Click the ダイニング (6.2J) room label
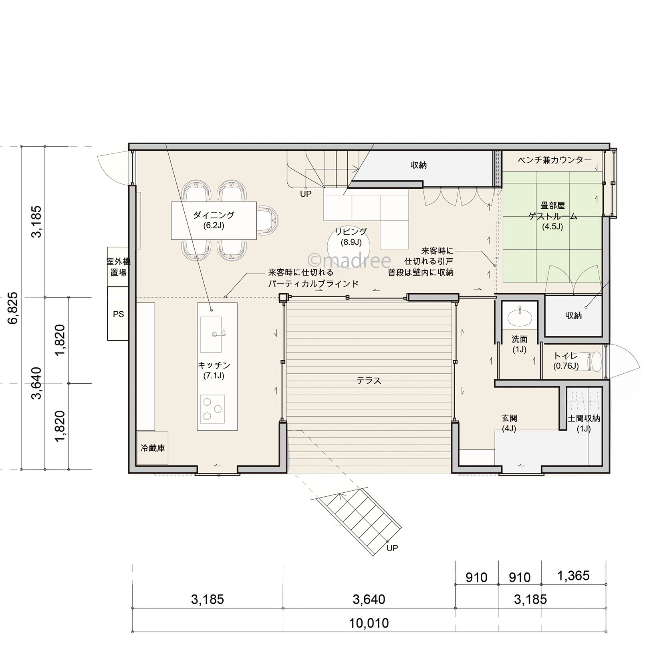tap(214, 220)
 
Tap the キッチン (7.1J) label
tap(214, 370)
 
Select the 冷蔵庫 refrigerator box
tap(152, 448)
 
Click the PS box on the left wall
tap(118, 314)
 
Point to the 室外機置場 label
tap(118, 267)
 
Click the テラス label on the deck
tap(369, 381)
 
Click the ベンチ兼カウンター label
tap(554, 160)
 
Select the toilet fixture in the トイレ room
tap(593, 361)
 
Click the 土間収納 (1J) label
tap(584, 423)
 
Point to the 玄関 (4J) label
tap(509, 423)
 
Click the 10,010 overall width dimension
tap(369, 623)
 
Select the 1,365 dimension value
tap(573, 576)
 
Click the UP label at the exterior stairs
tap(392, 548)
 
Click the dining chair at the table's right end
tap(268, 220)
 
